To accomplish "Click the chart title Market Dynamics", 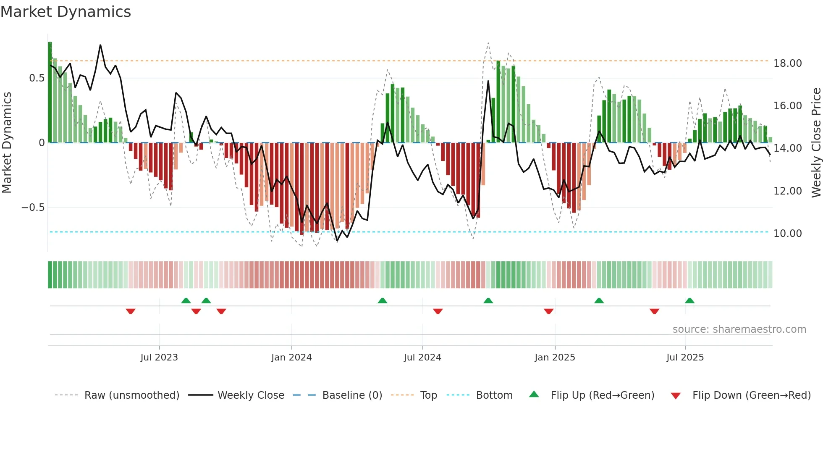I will [66, 12].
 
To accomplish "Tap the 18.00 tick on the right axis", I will [787, 63].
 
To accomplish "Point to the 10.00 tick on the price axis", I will [787, 234].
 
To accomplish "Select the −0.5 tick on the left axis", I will [33, 208].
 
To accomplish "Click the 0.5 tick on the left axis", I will [37, 78].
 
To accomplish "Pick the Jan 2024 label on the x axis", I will [291, 358].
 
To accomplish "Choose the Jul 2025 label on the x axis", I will [685, 358].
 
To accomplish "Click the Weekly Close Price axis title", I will [816, 143].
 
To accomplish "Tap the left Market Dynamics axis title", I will [7, 143].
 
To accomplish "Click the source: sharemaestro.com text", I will [739, 329].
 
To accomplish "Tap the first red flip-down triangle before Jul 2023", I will [131, 311].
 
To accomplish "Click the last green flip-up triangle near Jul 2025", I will [689, 300].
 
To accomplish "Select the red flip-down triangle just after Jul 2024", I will [438, 311].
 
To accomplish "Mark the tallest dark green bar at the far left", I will [50, 92].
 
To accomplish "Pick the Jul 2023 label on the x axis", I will [159, 358].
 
